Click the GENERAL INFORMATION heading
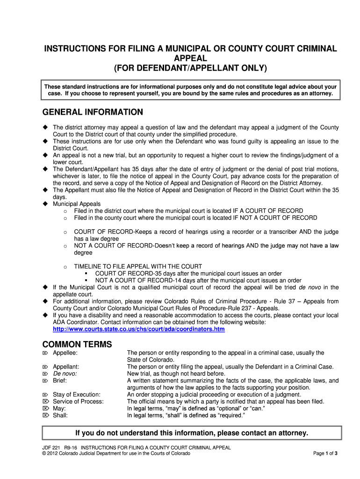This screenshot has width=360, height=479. [93, 112]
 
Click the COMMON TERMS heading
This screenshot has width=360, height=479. [77, 344]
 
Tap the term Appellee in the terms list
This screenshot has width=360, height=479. [65, 353]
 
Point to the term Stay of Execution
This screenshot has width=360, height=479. [77, 394]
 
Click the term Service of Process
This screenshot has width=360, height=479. [78, 401]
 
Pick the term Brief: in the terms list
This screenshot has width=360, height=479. [60, 381]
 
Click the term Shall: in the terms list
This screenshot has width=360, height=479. [60, 415]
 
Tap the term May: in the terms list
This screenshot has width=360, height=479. [59, 408]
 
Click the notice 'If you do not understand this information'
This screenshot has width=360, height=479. [192, 433]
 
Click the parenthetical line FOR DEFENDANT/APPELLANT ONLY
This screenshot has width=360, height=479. [190, 68]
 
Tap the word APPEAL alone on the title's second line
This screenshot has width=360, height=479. [190, 58]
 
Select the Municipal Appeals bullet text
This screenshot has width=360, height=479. [77, 204]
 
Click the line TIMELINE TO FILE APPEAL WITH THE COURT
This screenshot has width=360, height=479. [138, 267]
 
